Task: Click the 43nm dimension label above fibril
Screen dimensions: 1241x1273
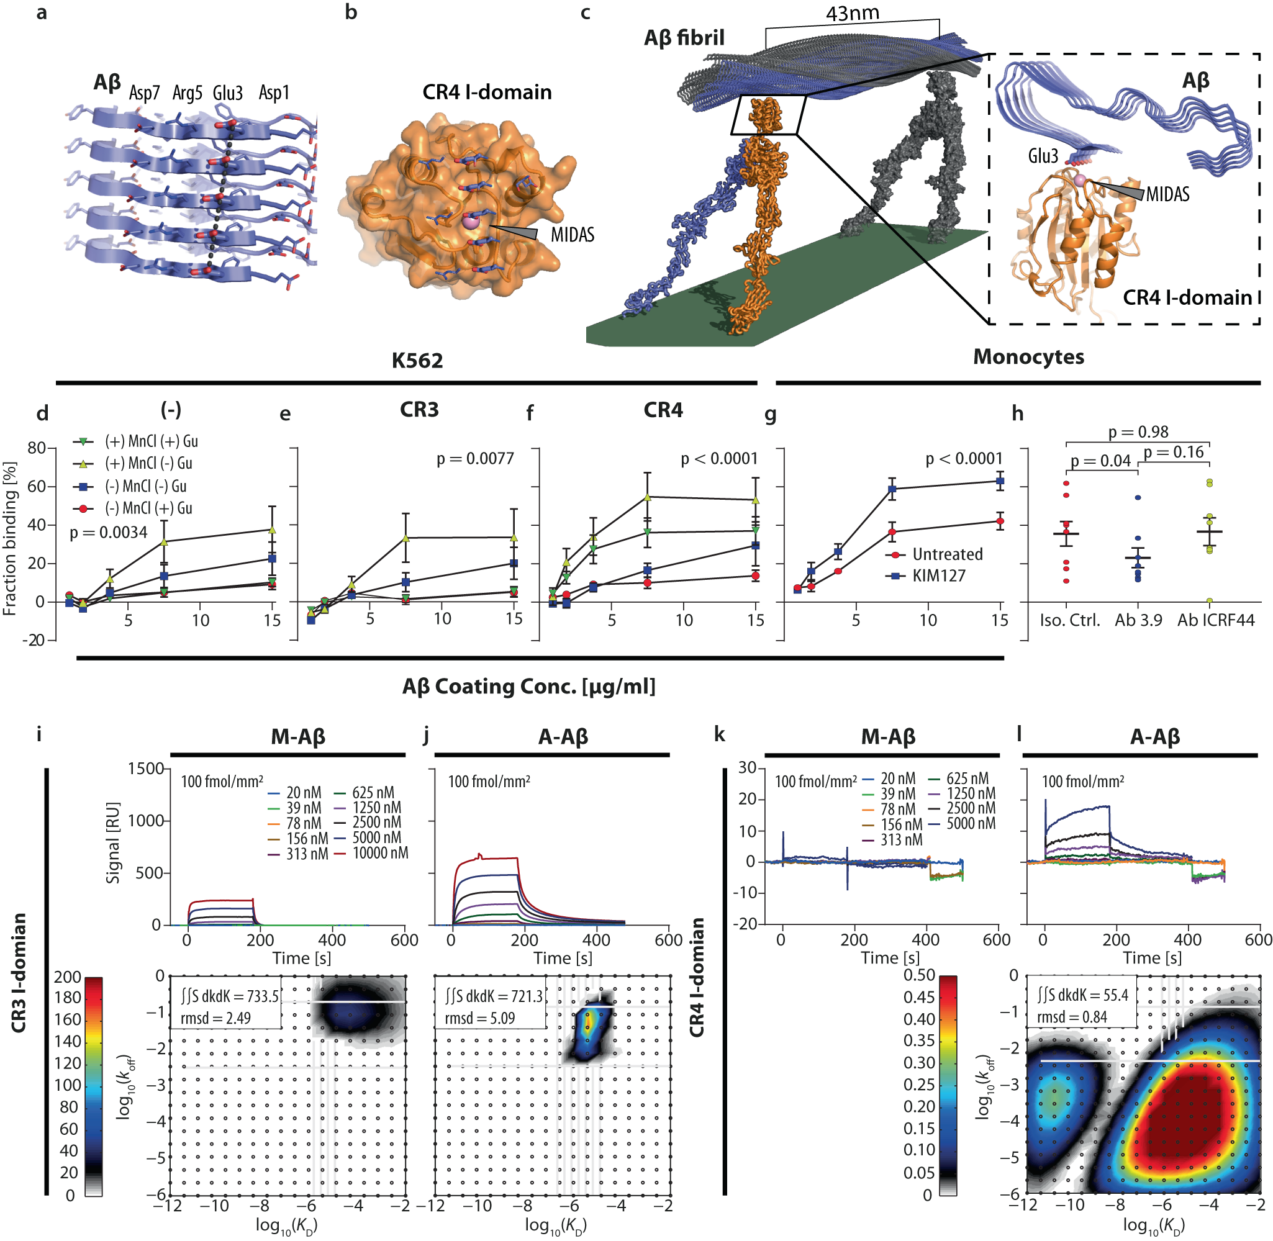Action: click(x=852, y=14)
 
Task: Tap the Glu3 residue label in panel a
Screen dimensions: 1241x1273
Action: click(x=227, y=93)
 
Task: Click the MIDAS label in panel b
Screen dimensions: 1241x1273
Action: click(x=573, y=235)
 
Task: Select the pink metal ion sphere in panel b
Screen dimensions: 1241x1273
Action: click(x=470, y=222)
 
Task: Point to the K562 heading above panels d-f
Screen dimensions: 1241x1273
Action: click(x=417, y=361)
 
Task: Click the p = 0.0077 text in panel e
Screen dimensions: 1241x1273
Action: click(x=474, y=459)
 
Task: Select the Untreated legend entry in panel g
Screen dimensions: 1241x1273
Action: click(x=946, y=554)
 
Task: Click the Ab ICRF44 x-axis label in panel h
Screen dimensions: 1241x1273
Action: click(x=1215, y=620)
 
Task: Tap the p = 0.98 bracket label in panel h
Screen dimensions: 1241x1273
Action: click(x=1138, y=431)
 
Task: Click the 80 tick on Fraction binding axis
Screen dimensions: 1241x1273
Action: click(x=37, y=448)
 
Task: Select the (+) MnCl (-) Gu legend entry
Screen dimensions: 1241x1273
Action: click(x=148, y=463)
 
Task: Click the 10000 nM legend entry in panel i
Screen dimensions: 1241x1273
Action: click(x=380, y=852)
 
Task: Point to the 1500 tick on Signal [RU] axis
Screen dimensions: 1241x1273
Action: click(x=145, y=769)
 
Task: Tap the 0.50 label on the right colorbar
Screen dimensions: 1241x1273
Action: click(x=919, y=975)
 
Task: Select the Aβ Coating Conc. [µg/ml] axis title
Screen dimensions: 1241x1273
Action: click(x=528, y=687)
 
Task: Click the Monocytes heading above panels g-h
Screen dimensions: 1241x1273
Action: click(x=1028, y=357)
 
